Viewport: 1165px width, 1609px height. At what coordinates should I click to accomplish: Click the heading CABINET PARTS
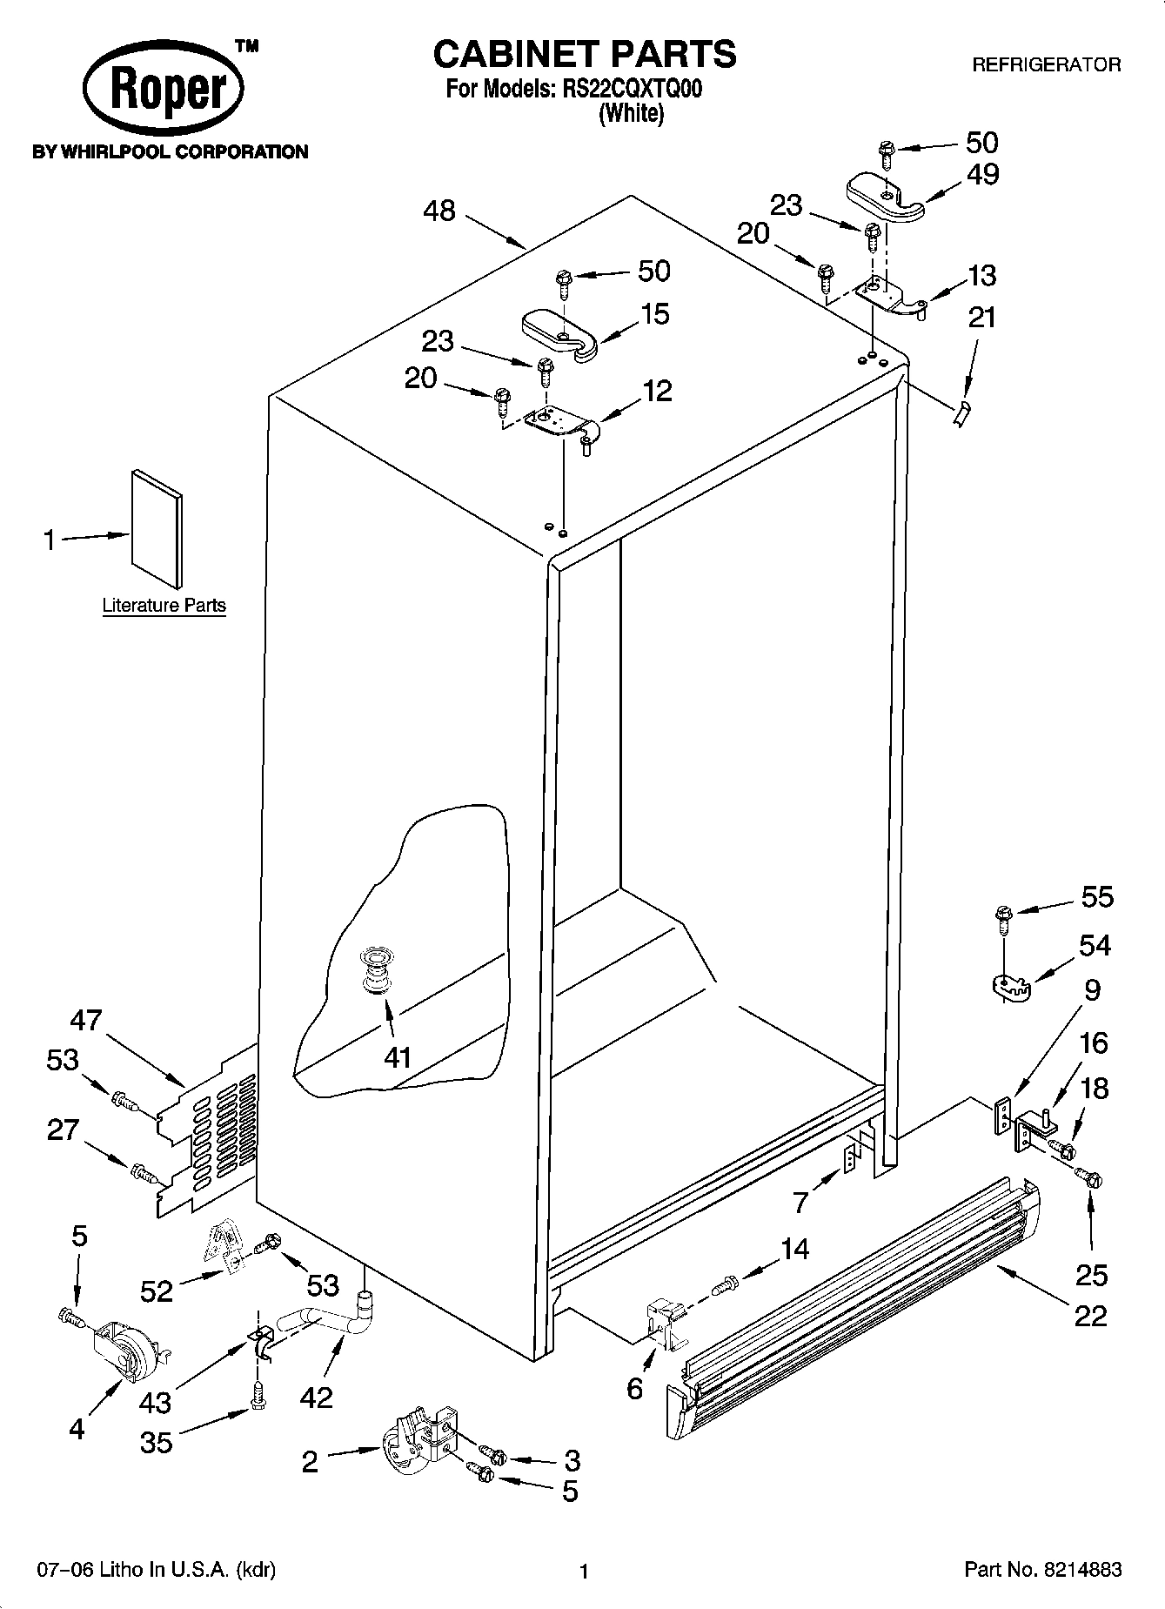click(585, 54)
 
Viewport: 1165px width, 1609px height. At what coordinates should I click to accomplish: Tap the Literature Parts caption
click(164, 605)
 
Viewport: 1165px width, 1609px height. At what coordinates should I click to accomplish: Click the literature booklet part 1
click(157, 528)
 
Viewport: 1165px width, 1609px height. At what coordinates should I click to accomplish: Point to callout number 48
click(440, 211)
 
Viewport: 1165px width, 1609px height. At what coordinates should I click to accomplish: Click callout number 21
click(981, 318)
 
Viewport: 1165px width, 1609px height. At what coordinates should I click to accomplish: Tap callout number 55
click(1096, 896)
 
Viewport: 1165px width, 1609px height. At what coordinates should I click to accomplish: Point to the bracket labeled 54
click(1009, 986)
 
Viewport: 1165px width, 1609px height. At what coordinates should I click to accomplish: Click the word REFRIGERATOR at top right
click(1046, 64)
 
